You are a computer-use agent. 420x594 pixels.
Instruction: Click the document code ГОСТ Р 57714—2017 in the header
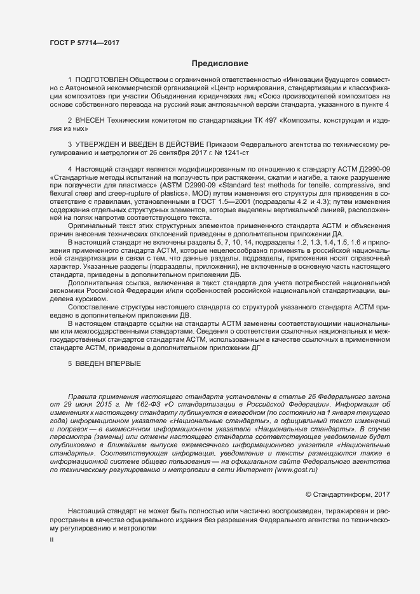pyautogui.click(x=84, y=43)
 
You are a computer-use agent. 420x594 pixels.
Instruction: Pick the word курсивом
pyautogui.click(x=90, y=299)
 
